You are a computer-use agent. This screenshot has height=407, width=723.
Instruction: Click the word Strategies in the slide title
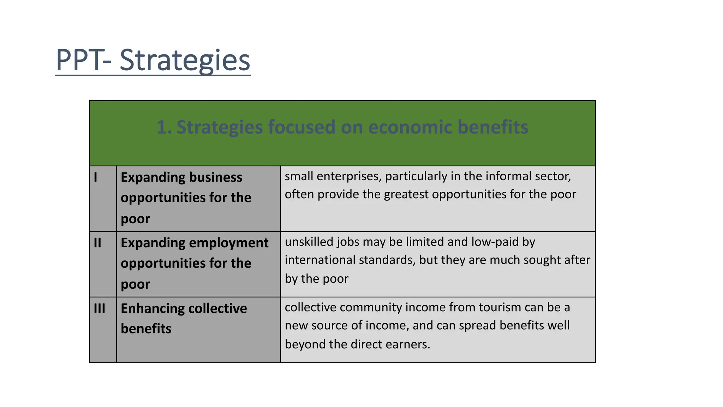click(185, 60)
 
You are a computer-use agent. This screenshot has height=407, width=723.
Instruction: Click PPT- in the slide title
click(84, 60)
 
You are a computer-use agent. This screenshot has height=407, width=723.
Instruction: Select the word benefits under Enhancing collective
click(146, 329)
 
